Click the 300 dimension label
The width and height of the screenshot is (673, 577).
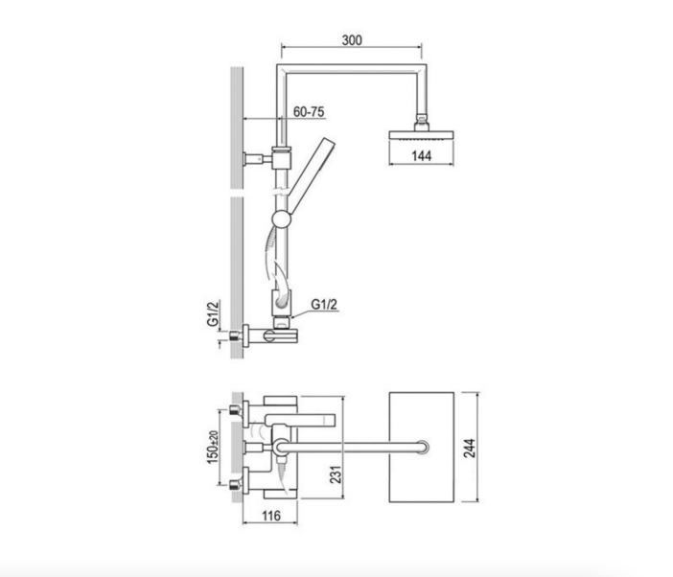tap(352, 40)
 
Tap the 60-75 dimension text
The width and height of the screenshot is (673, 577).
tap(309, 111)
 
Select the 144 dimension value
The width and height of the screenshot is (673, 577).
tap(421, 155)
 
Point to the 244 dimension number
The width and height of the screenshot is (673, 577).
tap(470, 448)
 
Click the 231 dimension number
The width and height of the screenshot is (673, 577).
tap(336, 474)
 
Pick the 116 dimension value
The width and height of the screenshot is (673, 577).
tap(270, 516)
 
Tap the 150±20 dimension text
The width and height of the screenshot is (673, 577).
tap(213, 447)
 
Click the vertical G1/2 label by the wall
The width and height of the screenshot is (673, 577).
tap(213, 313)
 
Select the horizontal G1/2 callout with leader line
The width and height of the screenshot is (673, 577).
tap(324, 304)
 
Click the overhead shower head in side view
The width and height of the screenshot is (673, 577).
tap(421, 135)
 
